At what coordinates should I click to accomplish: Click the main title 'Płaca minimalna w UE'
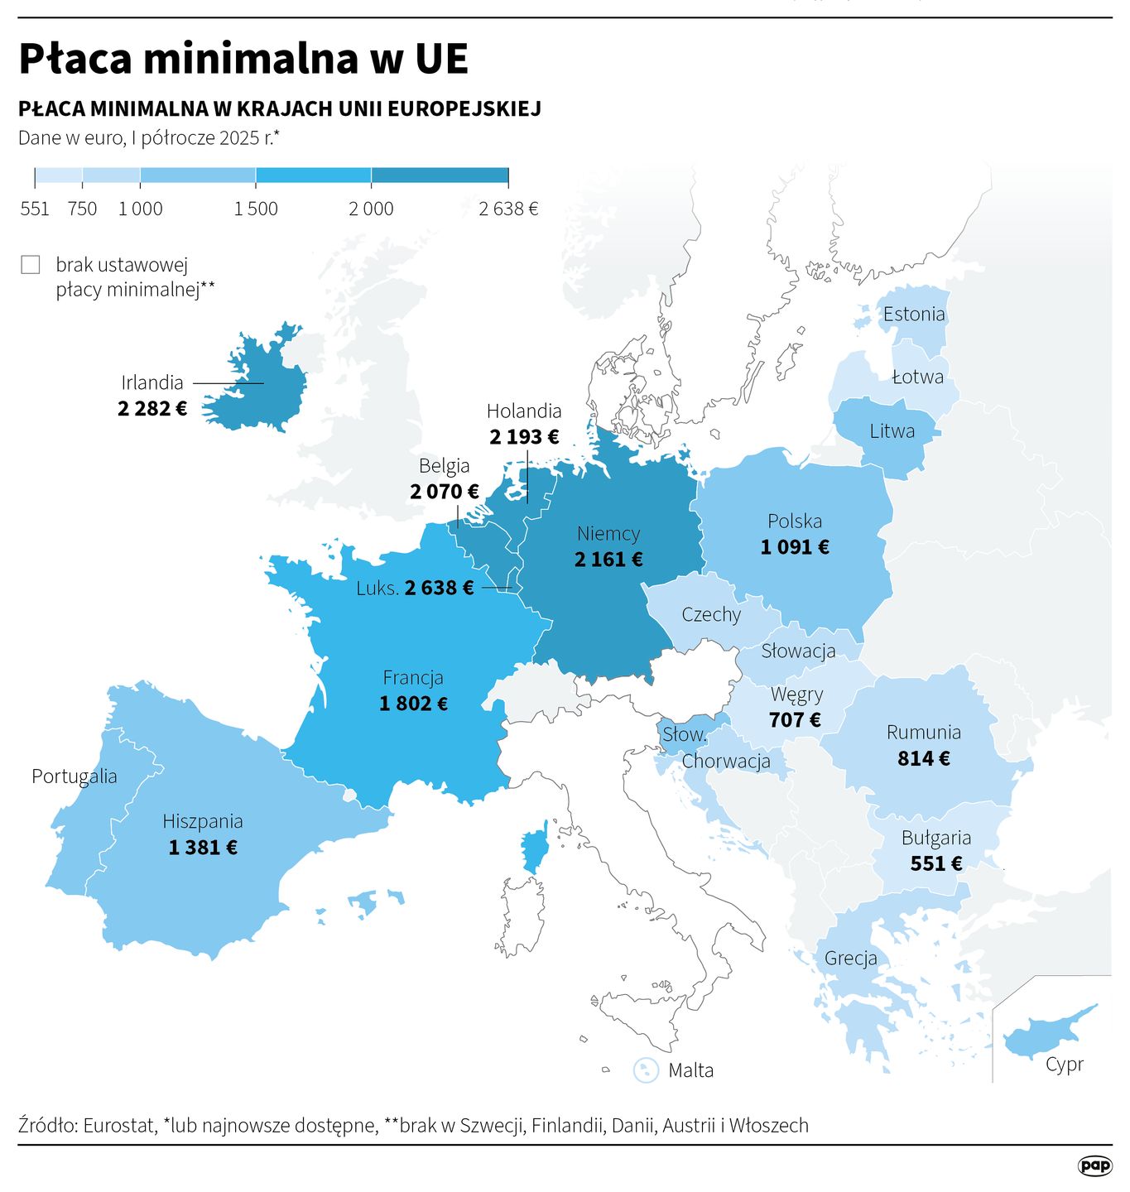click(243, 59)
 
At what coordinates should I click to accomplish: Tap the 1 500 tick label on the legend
click(256, 209)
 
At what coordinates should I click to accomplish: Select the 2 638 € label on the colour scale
click(508, 209)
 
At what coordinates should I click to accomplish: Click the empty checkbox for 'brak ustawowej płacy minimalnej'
click(31, 265)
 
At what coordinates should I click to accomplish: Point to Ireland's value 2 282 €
click(152, 408)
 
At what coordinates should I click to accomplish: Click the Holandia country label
click(524, 411)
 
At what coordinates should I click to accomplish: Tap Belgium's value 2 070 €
click(445, 492)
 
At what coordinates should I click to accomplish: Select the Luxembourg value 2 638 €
click(439, 588)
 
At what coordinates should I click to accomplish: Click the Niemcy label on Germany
click(608, 533)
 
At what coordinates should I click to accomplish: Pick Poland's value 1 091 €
click(795, 547)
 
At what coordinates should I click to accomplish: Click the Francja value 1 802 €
click(413, 704)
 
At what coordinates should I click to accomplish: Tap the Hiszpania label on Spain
click(203, 821)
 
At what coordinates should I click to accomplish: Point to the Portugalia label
click(75, 776)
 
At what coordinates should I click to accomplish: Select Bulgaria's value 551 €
click(936, 863)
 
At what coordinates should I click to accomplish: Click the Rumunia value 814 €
click(924, 758)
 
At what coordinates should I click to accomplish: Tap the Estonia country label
click(914, 314)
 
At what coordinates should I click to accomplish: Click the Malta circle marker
click(646, 1069)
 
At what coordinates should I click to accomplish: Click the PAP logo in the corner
click(1094, 1166)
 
